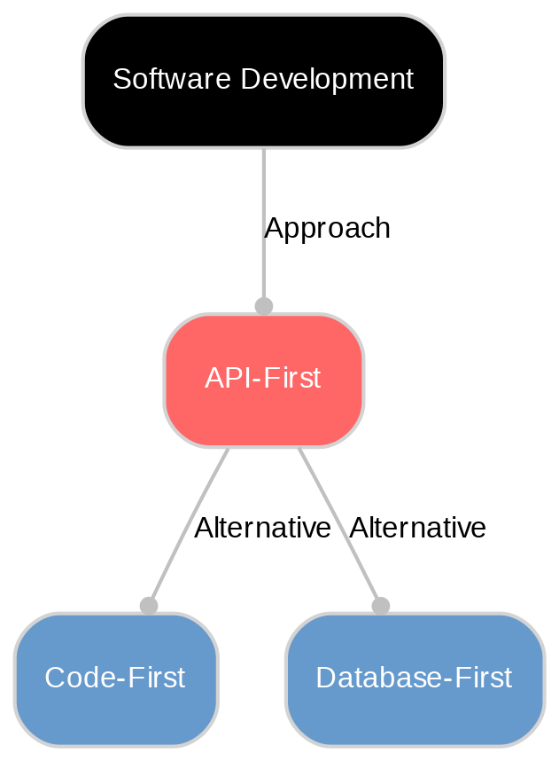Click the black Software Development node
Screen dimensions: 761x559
tap(263, 81)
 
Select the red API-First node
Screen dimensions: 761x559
tap(263, 380)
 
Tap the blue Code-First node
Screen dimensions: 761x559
tap(115, 679)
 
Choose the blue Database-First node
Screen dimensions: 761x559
tap(414, 679)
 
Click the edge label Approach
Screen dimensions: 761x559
tap(327, 229)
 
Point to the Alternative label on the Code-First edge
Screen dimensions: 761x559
tap(262, 529)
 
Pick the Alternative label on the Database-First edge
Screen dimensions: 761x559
tap(417, 529)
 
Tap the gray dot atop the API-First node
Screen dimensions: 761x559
tap(263, 306)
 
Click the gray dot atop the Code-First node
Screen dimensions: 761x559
tap(149, 605)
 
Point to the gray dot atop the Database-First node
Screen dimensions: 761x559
tap(380, 605)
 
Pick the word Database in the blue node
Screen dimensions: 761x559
tap(364, 679)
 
